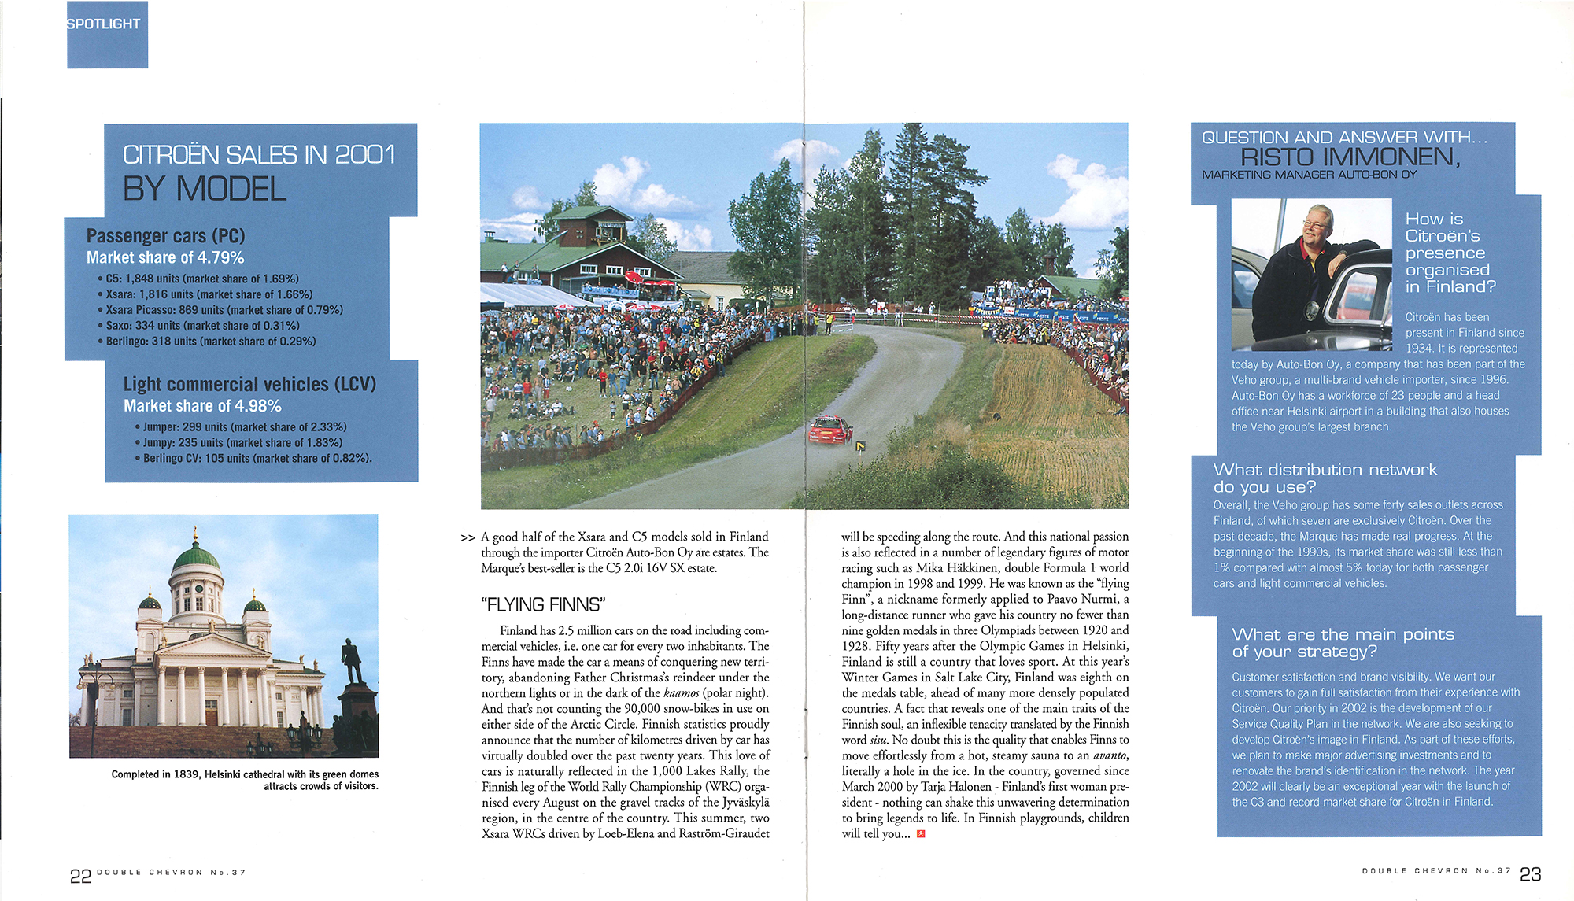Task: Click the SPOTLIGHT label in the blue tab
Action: click(x=104, y=24)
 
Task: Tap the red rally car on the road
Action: click(x=830, y=430)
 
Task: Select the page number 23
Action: click(x=1530, y=874)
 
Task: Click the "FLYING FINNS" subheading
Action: click(x=543, y=605)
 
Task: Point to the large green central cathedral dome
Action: click(x=195, y=557)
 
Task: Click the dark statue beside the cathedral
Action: click(x=352, y=662)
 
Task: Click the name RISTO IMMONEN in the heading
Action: click(x=1350, y=157)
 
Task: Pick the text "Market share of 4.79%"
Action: click(x=165, y=258)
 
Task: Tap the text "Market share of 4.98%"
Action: click(x=202, y=406)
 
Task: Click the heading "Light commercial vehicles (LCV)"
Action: click(x=249, y=385)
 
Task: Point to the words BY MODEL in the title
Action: click(x=205, y=190)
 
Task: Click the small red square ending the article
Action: click(x=921, y=834)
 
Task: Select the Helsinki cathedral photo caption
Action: click(x=245, y=780)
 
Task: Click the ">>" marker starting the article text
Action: click(x=467, y=538)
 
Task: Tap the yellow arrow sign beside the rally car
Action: click(x=860, y=447)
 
